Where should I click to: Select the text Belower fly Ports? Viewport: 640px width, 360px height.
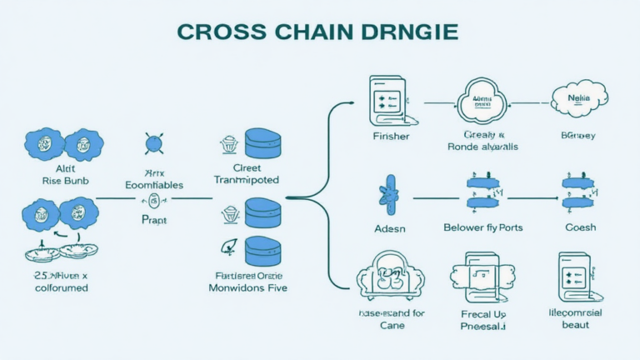(x=482, y=227)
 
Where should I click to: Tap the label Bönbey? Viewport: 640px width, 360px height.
(x=577, y=136)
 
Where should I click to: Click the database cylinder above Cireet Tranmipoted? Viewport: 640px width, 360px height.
(x=262, y=144)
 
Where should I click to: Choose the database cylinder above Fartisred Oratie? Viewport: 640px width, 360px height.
(x=262, y=252)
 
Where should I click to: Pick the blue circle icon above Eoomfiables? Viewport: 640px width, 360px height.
(x=152, y=143)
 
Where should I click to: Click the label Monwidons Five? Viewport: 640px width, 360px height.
(x=248, y=287)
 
